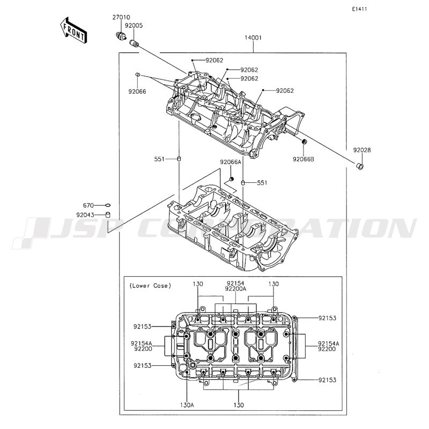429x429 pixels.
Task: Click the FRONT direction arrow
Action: (73, 30)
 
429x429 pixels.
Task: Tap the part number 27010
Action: (121, 18)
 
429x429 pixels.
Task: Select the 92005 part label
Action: (134, 25)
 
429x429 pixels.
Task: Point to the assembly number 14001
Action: (253, 38)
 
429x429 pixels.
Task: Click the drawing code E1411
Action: (359, 9)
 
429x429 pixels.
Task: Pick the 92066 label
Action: (137, 92)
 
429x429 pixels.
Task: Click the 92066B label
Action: (304, 159)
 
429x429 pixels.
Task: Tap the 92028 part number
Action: (362, 150)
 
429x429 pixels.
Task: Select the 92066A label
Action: (231, 162)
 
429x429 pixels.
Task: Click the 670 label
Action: (88, 205)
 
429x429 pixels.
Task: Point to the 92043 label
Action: (85, 215)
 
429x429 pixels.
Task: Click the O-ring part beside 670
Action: (108, 205)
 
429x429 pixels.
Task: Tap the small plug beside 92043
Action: (108, 215)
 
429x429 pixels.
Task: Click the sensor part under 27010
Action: (120, 35)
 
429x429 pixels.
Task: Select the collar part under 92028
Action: (360, 166)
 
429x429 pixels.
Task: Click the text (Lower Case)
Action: (150, 286)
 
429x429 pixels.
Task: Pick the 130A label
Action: (187, 405)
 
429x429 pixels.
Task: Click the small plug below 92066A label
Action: (232, 179)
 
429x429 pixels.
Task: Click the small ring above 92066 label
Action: (138, 75)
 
